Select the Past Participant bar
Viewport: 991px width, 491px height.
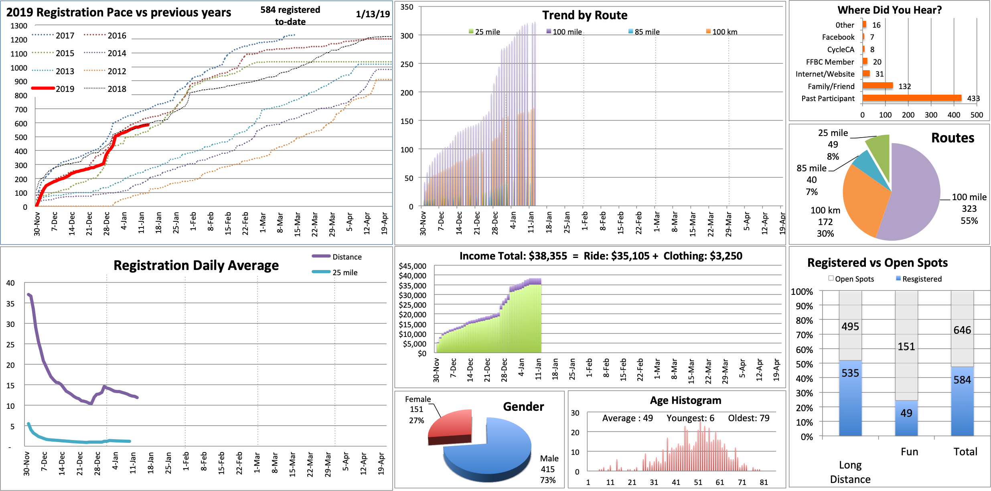pyautogui.click(x=912, y=98)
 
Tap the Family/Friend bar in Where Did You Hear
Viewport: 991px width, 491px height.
pyautogui.click(x=878, y=85)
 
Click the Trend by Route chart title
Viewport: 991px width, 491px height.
pyautogui.click(x=585, y=15)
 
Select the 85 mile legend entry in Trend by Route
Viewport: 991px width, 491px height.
pyautogui.click(x=644, y=32)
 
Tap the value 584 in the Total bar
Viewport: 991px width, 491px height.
pyautogui.click(x=962, y=379)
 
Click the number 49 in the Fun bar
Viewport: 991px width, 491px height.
pyautogui.click(x=906, y=413)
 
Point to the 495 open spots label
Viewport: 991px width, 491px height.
pyautogui.click(x=850, y=326)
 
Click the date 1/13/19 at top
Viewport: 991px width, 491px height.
pyautogui.click(x=373, y=14)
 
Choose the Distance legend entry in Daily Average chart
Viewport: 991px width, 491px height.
pyautogui.click(x=337, y=257)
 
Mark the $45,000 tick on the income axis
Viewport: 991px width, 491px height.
pyautogui.click(x=412, y=266)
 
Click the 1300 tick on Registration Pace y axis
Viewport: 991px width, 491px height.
pyautogui.click(x=19, y=26)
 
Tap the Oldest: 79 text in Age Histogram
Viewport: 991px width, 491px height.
pyautogui.click(x=748, y=418)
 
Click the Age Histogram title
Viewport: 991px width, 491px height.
pyautogui.click(x=685, y=400)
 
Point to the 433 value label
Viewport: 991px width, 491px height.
pyautogui.click(x=973, y=98)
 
